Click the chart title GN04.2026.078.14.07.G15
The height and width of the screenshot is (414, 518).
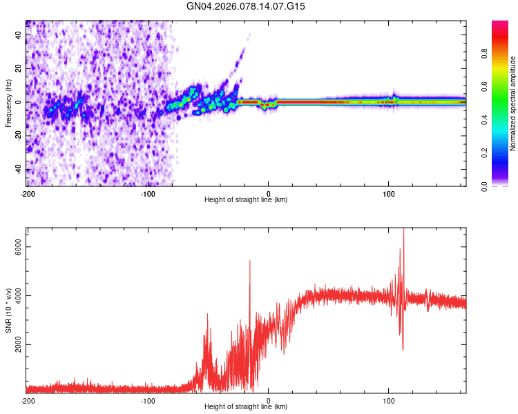pos(246,6)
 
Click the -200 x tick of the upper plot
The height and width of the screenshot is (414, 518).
pos(28,193)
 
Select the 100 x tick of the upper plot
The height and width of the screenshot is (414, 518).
pos(389,193)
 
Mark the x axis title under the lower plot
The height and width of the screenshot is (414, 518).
pos(246,407)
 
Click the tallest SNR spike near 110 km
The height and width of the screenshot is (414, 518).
pos(403,230)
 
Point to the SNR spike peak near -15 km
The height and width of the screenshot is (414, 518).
pos(250,262)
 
